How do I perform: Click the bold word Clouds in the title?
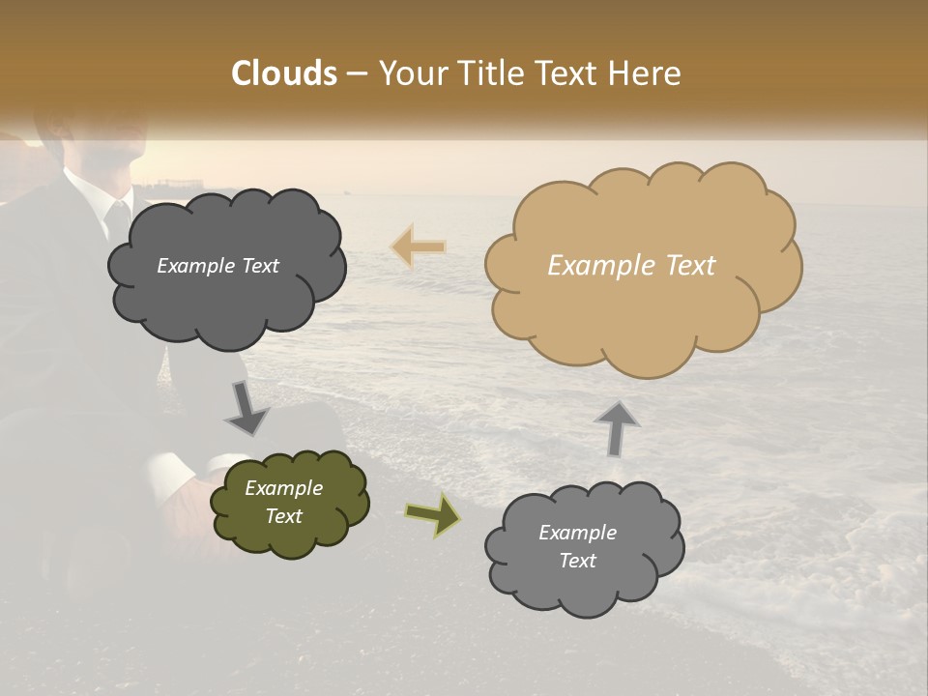tap(284, 73)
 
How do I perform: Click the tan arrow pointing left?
tap(418, 246)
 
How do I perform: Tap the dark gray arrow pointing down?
tap(247, 407)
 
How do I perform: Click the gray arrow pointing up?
tap(616, 426)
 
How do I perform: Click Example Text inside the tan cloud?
tap(631, 265)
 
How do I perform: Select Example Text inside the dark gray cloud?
tap(217, 266)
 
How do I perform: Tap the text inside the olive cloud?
tap(283, 503)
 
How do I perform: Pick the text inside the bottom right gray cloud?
tap(578, 546)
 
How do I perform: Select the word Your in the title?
tap(411, 73)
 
